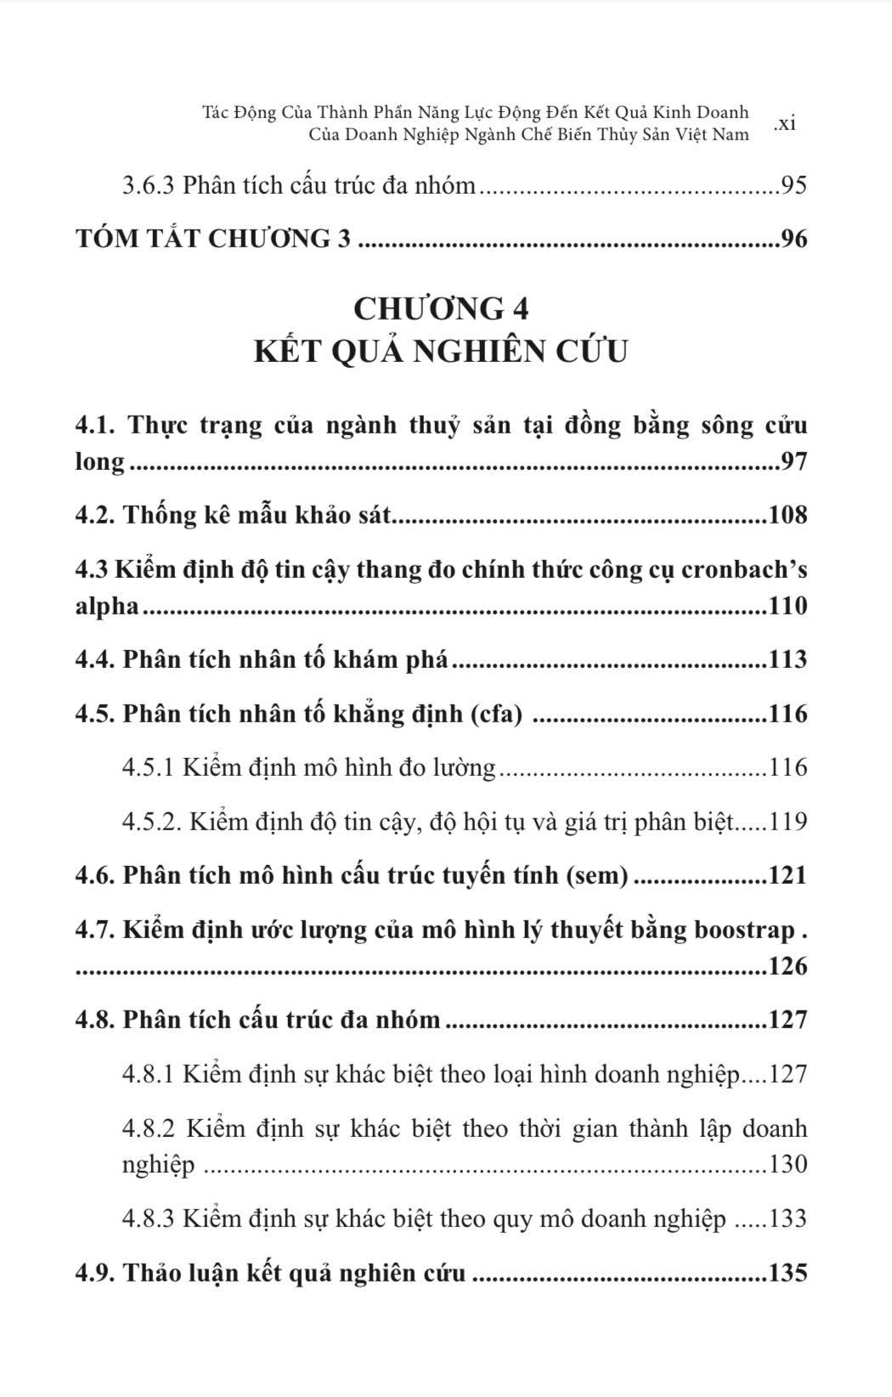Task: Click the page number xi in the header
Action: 785,123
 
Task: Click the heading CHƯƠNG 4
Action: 441,308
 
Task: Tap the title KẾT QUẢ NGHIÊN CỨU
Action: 441,350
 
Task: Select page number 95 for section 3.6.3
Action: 793,185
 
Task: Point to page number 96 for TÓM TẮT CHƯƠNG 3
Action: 793,239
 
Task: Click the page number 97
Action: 793,462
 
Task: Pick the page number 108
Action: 787,515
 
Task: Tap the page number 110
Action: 787,606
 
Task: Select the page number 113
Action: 787,659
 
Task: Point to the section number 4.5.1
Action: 149,768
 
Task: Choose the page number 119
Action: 787,822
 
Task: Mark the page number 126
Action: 787,966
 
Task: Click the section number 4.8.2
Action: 149,1128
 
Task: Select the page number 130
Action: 787,1164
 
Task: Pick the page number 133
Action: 787,1219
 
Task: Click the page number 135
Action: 787,1273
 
